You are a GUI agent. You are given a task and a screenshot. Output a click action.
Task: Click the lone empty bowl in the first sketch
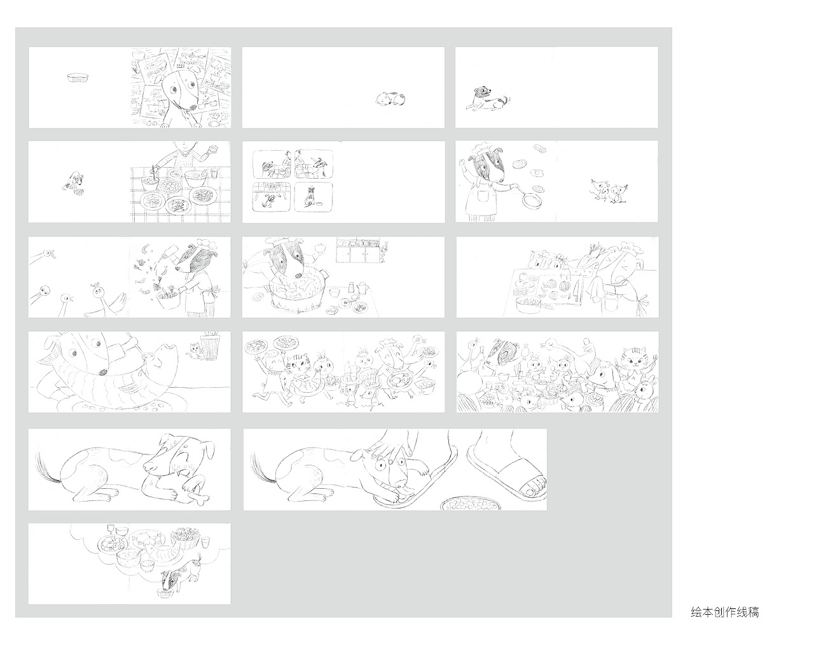tap(79, 79)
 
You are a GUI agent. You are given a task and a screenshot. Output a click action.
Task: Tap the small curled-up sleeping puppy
tap(390, 99)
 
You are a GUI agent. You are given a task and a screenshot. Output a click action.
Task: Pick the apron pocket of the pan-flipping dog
tap(481, 197)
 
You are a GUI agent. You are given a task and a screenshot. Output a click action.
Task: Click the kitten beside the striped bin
tap(194, 349)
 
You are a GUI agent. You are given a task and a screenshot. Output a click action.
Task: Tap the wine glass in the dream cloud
tap(111, 530)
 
